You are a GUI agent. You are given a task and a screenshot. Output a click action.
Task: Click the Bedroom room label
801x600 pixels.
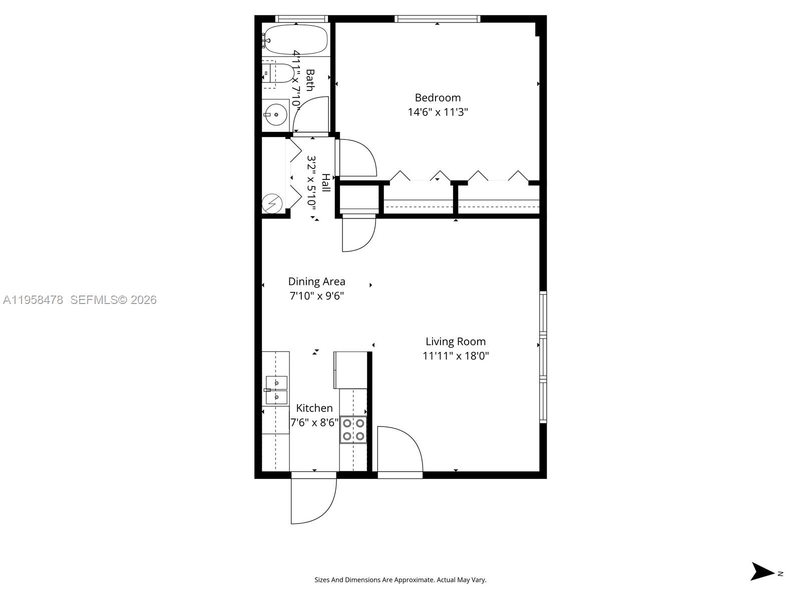click(x=438, y=97)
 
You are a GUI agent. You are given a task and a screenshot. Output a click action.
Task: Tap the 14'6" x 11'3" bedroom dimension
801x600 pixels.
click(x=438, y=112)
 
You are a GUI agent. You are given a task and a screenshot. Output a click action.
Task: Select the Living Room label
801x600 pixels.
click(x=456, y=341)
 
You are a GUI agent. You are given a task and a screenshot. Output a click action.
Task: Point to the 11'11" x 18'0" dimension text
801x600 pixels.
click(x=456, y=356)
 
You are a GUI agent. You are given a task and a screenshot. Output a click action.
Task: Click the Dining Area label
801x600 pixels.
click(x=316, y=281)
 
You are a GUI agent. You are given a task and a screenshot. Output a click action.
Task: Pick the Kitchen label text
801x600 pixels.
click(x=314, y=408)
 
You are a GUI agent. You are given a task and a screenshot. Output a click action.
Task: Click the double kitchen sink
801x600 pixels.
click(x=276, y=390)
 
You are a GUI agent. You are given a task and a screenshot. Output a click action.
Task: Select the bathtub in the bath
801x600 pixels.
click(x=295, y=39)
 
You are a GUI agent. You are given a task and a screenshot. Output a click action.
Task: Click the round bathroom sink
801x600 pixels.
click(x=275, y=114)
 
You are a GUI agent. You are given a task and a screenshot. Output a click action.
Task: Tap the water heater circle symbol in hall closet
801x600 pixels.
click(x=272, y=204)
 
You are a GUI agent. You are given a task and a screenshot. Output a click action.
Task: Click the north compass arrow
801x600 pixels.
click(x=763, y=571)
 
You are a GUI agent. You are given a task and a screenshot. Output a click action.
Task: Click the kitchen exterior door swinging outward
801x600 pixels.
click(x=313, y=500)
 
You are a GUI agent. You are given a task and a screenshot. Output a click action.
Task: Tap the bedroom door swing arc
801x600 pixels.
click(x=357, y=157)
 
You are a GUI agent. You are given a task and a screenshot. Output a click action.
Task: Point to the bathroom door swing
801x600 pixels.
click(x=310, y=114)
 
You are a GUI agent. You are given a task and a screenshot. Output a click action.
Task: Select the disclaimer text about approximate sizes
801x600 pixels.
click(x=400, y=580)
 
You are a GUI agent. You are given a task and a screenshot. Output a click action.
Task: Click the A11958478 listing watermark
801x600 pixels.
click(x=33, y=300)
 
